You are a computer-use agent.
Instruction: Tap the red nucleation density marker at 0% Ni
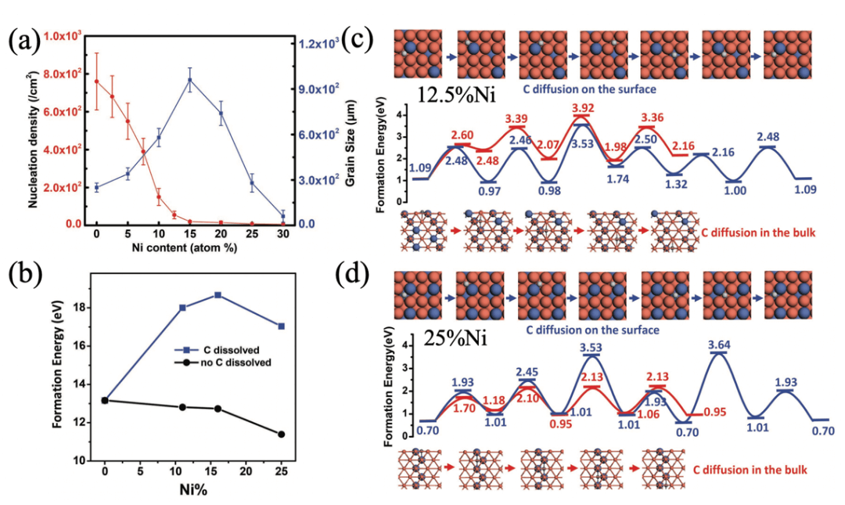pos(97,81)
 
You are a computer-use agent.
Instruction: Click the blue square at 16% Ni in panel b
pos(218,294)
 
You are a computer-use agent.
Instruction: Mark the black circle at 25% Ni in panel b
pos(281,434)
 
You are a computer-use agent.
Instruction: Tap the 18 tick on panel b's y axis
pos(79,308)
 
